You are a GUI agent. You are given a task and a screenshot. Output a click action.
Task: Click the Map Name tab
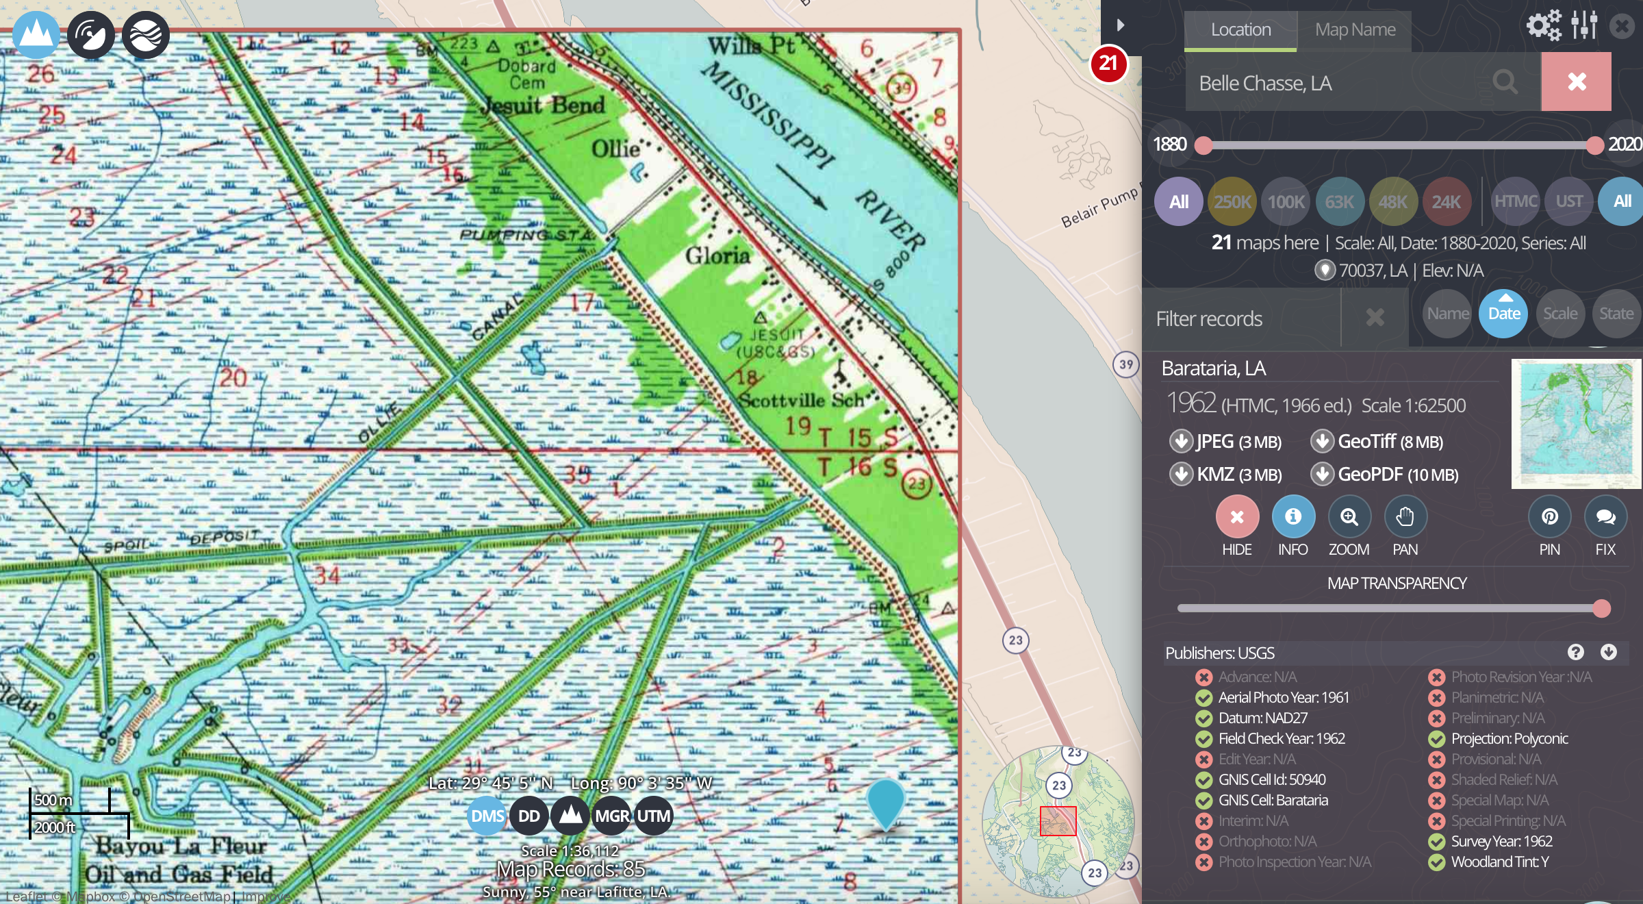(1355, 30)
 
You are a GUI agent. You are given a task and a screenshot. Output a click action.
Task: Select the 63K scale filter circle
(1339, 202)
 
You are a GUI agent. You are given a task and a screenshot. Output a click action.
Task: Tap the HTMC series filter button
(1515, 201)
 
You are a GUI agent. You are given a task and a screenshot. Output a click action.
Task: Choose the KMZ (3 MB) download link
(1226, 475)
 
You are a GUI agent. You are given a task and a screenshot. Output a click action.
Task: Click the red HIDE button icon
(1236, 517)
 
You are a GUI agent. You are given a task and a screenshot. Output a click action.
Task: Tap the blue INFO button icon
(1292, 517)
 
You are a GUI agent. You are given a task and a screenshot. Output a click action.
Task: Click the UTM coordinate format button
(654, 816)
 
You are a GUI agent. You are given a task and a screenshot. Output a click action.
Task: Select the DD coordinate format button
(528, 816)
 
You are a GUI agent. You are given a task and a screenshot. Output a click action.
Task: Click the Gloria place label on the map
(717, 256)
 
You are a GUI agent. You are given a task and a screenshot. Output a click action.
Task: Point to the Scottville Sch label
(800, 400)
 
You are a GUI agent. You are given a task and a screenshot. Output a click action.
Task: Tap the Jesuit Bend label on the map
(543, 106)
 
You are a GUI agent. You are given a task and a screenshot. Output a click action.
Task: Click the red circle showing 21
(1108, 64)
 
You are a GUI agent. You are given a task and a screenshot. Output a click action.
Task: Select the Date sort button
(1503, 314)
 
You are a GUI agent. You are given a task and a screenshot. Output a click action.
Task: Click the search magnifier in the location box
(1505, 82)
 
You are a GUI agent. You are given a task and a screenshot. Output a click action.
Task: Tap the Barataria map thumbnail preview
(1575, 423)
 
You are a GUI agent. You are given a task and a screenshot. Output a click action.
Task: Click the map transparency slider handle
(1601, 608)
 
